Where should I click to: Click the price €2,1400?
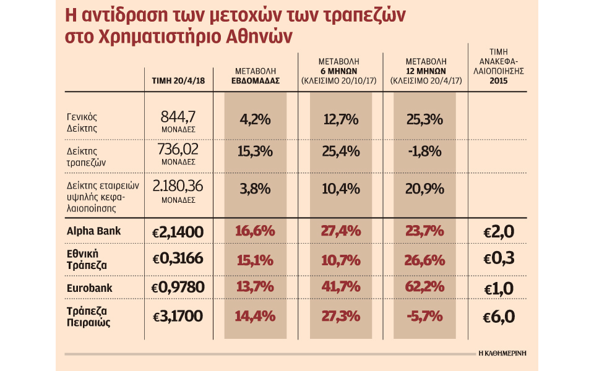[178, 232]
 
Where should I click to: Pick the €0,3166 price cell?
[178, 259]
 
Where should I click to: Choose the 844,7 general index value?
[178, 116]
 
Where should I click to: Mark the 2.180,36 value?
[178, 186]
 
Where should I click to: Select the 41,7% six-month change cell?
[338, 288]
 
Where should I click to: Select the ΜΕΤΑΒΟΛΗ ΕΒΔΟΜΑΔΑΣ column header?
[255, 76]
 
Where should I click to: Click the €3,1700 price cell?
[178, 316]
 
